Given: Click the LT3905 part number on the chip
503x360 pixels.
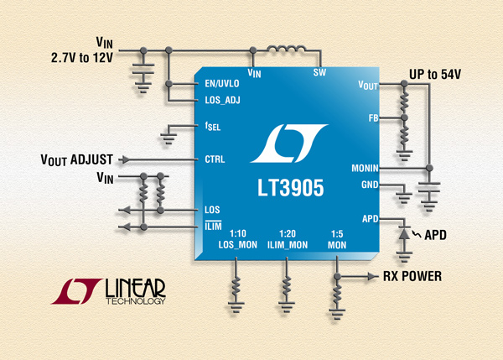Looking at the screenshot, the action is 291,188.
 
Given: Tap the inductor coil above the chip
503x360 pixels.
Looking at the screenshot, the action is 287,49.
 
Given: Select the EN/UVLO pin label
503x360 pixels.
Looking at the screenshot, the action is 222,84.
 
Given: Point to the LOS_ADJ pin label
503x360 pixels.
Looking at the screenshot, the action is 222,100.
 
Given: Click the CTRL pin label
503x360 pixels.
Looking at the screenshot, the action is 215,159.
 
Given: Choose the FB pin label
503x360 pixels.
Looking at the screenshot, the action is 373,118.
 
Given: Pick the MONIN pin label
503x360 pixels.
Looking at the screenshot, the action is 365,168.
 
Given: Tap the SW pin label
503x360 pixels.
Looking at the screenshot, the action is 319,72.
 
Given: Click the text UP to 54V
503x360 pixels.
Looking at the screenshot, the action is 434,74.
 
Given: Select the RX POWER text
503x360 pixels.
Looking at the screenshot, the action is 412,276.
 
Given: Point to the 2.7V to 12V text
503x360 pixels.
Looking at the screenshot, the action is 82,58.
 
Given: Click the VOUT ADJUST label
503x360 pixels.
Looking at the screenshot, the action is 76,160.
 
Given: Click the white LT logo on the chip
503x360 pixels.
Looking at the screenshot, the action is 288,143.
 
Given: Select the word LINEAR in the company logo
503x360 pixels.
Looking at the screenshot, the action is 135,288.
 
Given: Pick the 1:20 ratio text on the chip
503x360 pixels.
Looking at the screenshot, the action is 287,233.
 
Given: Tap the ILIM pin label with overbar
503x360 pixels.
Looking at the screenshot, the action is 213,226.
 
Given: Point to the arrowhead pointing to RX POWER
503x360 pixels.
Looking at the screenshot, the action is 373,276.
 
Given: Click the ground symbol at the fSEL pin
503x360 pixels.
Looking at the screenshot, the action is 169,138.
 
